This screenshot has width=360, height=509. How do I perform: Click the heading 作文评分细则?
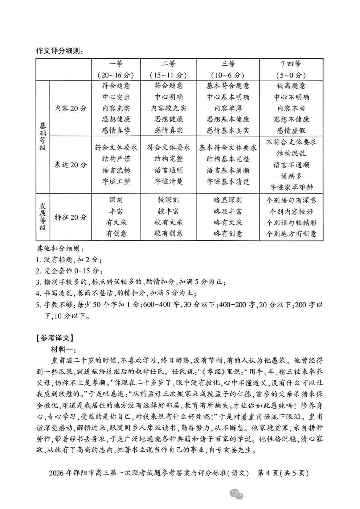click(x=60, y=51)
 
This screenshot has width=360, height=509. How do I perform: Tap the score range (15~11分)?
click(x=168, y=75)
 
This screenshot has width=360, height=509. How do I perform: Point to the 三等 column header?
click(x=228, y=64)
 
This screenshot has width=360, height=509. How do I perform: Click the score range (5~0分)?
click(x=291, y=75)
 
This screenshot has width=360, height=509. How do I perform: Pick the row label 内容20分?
click(x=71, y=108)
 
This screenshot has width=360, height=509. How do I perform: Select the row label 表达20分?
click(x=71, y=165)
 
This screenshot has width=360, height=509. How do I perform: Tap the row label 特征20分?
click(x=71, y=217)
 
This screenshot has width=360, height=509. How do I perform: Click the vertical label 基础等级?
click(x=43, y=136)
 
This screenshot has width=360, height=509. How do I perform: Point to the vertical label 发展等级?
click(x=43, y=217)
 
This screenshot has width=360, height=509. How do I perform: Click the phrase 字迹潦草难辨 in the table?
click(x=291, y=187)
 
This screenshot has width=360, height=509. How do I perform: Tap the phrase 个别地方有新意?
click(x=291, y=234)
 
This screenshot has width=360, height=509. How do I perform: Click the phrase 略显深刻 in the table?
click(x=228, y=200)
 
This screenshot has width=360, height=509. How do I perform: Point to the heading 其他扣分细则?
click(x=60, y=249)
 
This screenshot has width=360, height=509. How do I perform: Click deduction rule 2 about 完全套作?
click(x=69, y=271)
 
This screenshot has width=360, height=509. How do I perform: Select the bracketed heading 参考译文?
click(x=55, y=338)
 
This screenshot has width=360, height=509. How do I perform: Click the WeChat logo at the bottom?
click(x=236, y=494)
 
